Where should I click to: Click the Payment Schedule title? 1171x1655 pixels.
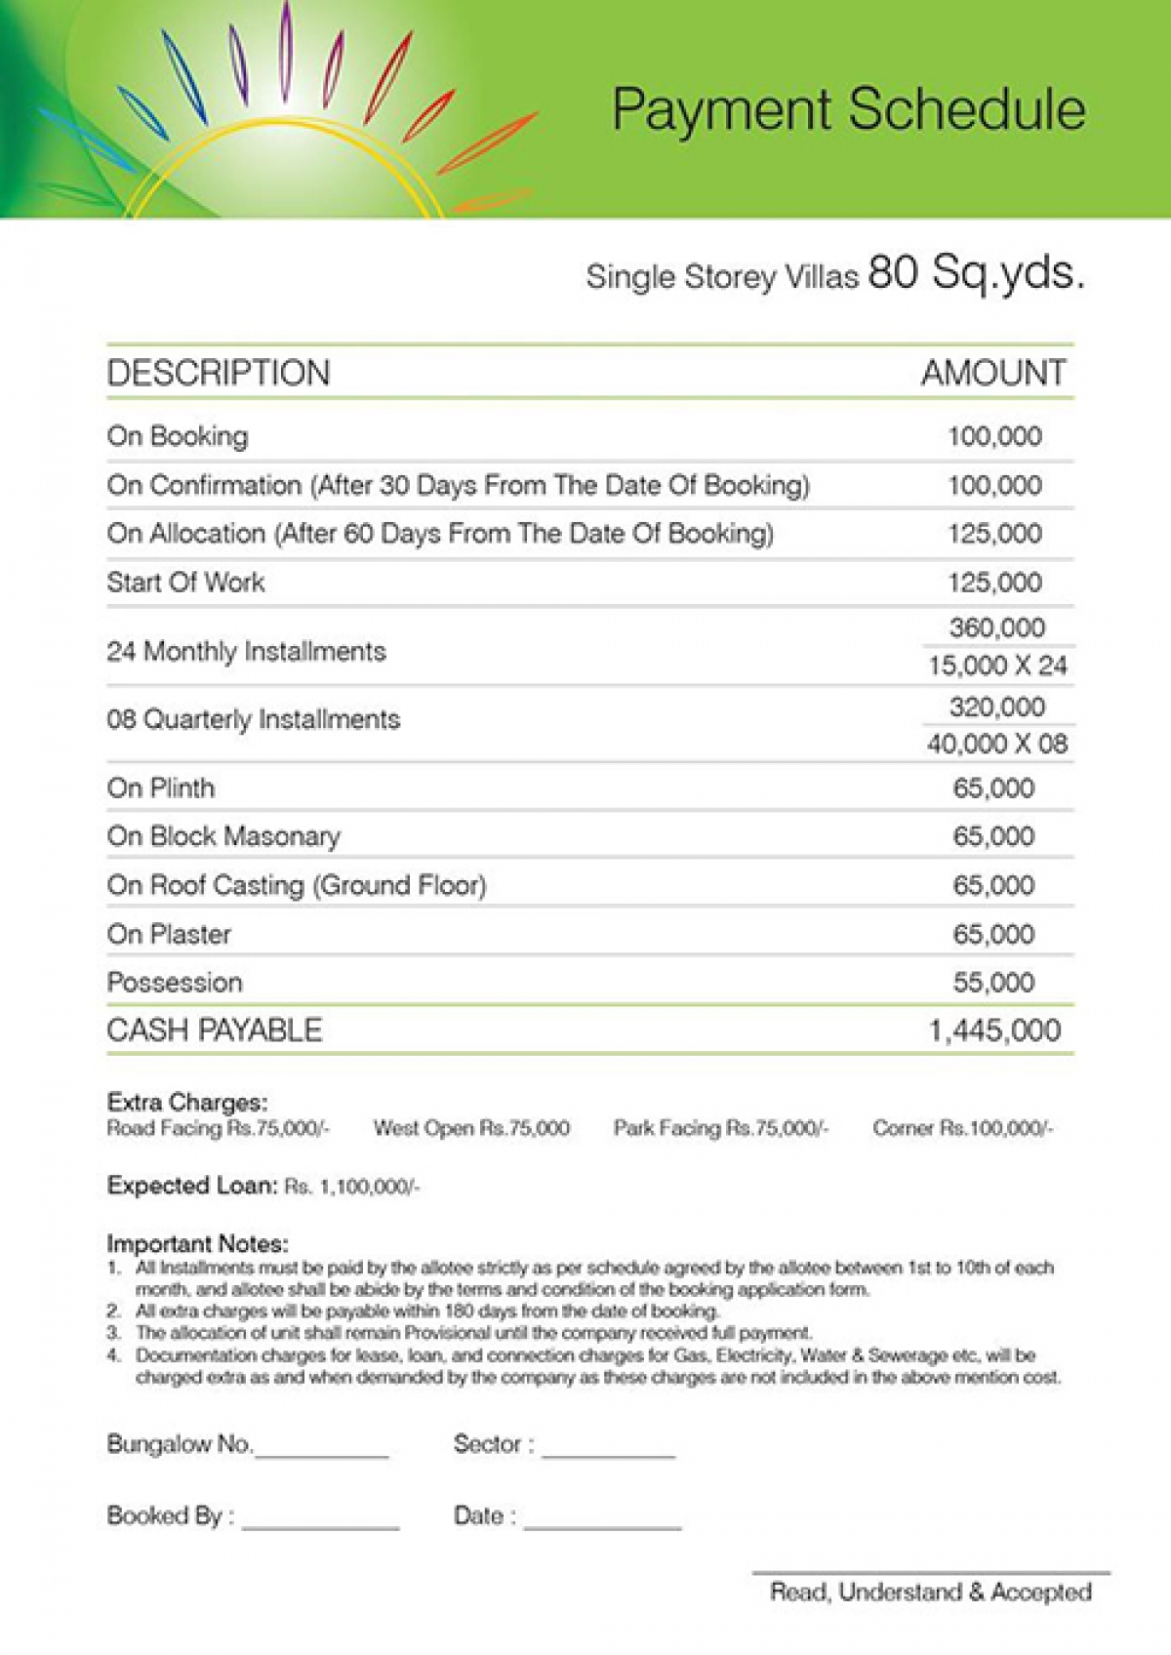848,109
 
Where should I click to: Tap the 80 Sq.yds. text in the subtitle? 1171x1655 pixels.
976,272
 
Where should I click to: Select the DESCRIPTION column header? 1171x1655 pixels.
219,373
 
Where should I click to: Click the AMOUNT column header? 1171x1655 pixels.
993,373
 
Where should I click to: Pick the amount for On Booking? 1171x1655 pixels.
994,436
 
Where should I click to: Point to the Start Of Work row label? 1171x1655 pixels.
185,583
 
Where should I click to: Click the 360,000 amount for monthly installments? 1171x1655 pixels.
996,627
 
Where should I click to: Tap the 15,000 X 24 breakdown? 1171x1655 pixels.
997,666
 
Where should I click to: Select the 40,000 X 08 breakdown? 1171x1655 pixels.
997,744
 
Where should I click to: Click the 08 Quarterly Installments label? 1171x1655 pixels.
253,720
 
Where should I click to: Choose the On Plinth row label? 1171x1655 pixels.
161,787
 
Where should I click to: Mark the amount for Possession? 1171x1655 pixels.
993,983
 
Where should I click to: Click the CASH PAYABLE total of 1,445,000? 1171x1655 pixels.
993,1030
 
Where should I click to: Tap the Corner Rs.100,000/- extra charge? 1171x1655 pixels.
962,1128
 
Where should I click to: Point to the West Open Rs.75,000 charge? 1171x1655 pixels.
471,1128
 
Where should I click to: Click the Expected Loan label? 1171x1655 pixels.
192,1186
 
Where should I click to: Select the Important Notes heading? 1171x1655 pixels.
197,1244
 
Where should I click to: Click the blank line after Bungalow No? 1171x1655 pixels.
321,1452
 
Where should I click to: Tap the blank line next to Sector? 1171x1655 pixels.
608,1452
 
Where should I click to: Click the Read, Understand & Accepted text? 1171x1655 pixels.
930,1593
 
